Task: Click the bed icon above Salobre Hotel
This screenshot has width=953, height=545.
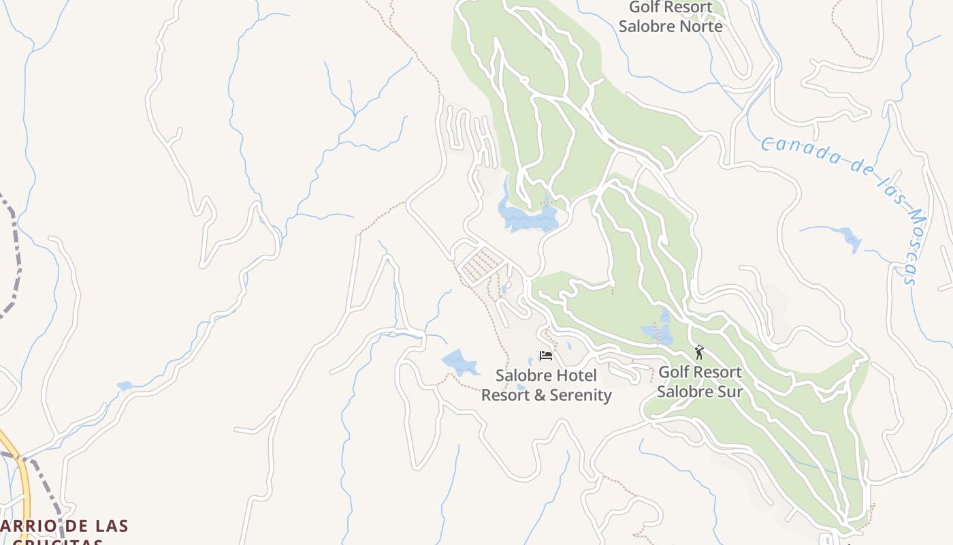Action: click(545, 355)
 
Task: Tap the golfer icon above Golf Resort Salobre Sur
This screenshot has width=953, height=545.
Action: click(698, 352)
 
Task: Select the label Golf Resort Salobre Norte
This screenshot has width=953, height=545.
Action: click(671, 16)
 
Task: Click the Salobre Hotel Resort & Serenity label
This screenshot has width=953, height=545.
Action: click(546, 385)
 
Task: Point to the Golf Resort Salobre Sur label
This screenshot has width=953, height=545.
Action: click(700, 381)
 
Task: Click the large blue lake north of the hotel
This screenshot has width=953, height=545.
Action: click(528, 217)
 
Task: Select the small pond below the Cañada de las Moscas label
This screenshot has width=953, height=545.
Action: click(849, 239)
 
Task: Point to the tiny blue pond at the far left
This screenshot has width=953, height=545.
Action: click(125, 386)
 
